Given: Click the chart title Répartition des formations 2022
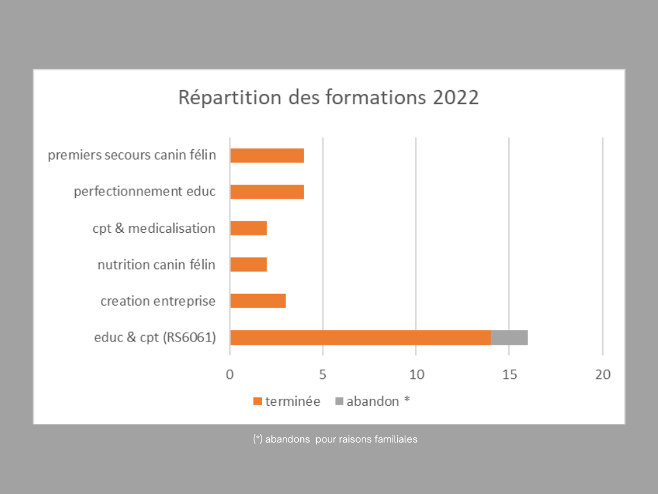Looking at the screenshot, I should (x=328, y=98).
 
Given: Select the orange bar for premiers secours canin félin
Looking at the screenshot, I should (x=267, y=155).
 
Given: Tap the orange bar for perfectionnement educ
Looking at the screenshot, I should (x=267, y=192).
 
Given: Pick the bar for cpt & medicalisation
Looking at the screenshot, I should (x=248, y=228).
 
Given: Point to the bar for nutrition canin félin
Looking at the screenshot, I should (x=248, y=264).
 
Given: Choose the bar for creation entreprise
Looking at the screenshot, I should (x=258, y=301).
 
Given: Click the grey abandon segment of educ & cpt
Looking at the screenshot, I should (x=509, y=338).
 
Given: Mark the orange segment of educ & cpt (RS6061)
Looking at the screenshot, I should (x=360, y=338).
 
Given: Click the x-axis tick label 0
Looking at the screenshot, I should (x=230, y=374).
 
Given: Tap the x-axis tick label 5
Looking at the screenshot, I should (x=323, y=374).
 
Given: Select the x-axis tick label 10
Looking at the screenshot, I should (x=416, y=374).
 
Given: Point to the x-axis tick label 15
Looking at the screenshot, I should (x=509, y=374).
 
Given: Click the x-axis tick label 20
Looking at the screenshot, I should (x=602, y=374).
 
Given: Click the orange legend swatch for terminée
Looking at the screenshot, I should (x=258, y=401).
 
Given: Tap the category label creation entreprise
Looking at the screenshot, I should (x=157, y=301).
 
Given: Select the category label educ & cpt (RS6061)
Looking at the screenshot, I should (x=154, y=338).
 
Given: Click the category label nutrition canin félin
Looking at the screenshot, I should (x=156, y=264).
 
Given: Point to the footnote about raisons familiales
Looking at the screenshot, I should (x=335, y=439).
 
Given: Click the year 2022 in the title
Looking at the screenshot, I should (x=456, y=98).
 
